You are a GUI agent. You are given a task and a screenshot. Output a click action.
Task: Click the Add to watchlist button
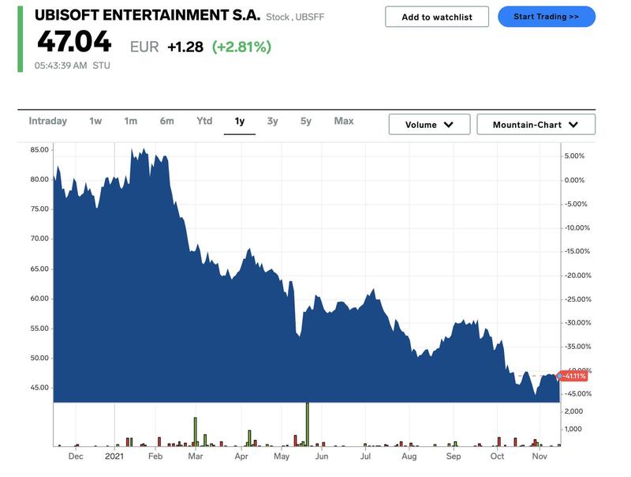(x=437, y=17)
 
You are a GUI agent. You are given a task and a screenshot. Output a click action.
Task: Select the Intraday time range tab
(x=48, y=121)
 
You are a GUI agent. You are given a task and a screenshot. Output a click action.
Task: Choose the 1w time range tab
(x=95, y=121)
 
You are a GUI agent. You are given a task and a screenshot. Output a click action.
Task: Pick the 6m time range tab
(x=166, y=121)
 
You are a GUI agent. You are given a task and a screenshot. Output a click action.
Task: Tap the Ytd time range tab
(x=204, y=121)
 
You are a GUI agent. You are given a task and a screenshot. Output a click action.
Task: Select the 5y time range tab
(x=306, y=121)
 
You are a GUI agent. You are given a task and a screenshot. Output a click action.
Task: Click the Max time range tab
(x=344, y=121)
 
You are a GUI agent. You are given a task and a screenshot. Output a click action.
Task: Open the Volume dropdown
(x=429, y=125)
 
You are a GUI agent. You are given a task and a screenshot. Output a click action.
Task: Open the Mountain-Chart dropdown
(x=536, y=125)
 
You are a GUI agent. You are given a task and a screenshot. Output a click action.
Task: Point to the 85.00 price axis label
(x=39, y=149)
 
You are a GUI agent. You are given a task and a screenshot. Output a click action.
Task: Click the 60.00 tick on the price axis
(x=39, y=299)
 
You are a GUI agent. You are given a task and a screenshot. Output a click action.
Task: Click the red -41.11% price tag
(x=573, y=376)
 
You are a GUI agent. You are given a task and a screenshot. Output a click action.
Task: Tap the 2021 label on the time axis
(x=114, y=456)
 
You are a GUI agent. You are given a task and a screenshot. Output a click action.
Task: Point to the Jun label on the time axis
(x=322, y=456)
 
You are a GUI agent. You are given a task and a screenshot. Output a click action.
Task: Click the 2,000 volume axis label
(x=573, y=411)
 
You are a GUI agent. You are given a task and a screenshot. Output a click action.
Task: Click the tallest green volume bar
(x=308, y=425)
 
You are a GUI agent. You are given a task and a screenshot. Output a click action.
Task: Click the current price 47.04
(x=73, y=43)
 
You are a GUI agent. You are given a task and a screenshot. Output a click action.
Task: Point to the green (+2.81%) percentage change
(x=241, y=47)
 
